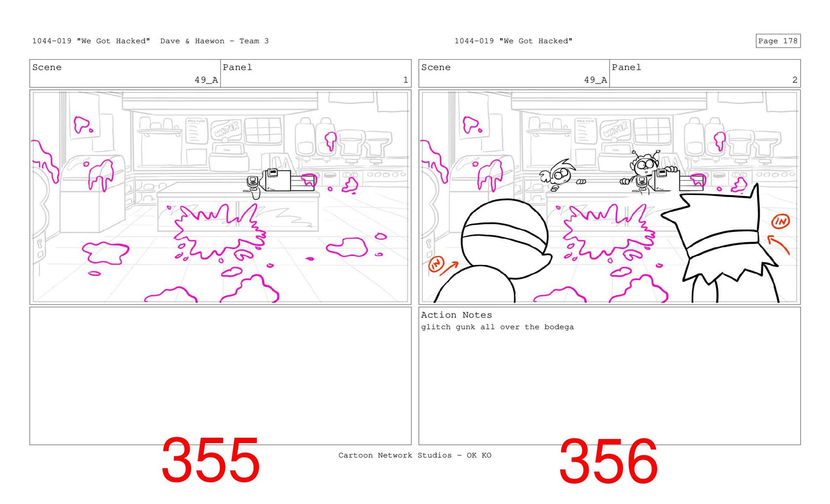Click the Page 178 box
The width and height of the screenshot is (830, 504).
point(778,41)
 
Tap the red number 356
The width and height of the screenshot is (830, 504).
point(608,462)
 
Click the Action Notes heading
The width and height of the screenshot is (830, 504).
point(456,315)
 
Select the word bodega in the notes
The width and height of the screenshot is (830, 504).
point(559,327)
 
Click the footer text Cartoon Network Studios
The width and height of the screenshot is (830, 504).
point(395,455)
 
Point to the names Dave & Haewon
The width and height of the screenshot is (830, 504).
point(192,41)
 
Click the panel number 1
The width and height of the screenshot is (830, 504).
point(405,80)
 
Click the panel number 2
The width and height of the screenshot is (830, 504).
point(795,80)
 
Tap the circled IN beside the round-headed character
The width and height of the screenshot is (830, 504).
point(436,264)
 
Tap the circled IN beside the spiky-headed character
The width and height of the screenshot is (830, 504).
point(781,221)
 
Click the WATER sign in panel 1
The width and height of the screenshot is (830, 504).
point(226,129)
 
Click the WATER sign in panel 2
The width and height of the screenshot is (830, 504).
point(615,129)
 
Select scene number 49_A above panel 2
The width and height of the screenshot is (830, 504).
point(595,80)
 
